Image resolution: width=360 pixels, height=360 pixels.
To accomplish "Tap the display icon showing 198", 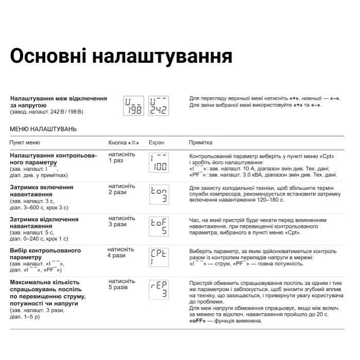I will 135,106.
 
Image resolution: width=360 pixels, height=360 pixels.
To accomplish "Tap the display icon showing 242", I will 158,106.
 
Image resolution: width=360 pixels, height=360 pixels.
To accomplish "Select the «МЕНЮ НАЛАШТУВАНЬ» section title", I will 43,129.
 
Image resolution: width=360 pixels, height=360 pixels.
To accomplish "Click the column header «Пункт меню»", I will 25,142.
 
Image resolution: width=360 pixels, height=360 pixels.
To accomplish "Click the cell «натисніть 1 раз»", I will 122,157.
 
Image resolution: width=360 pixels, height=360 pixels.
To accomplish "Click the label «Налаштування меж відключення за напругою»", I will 59,101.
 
